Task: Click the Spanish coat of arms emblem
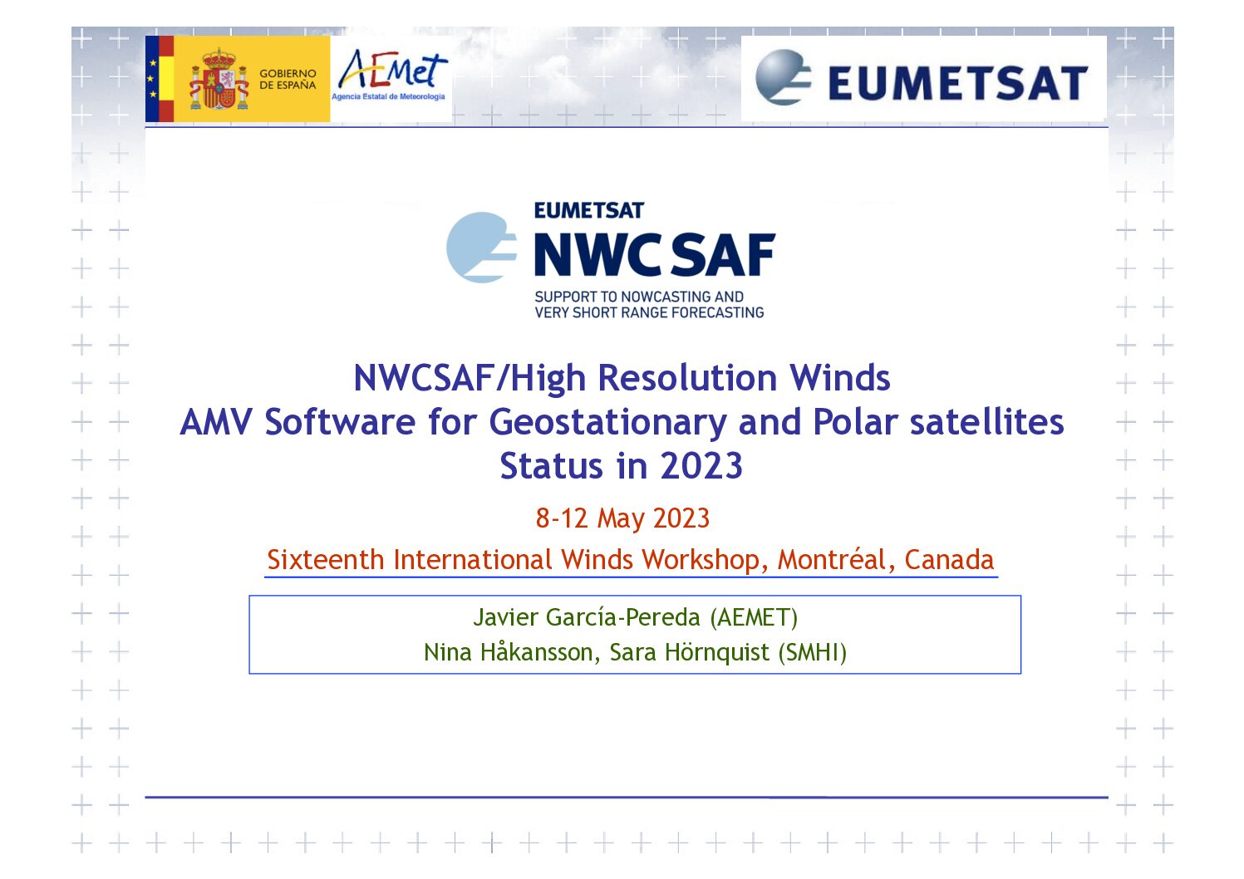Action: (x=219, y=80)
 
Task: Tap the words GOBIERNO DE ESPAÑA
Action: (x=288, y=80)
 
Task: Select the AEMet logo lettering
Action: (x=392, y=70)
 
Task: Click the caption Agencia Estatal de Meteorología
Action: (x=388, y=96)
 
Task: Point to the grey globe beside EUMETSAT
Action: (x=783, y=77)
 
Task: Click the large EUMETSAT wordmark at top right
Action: (x=957, y=83)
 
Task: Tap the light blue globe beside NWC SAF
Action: (x=481, y=248)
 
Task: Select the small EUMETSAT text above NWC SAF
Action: (x=588, y=210)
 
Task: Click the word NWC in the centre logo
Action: (x=597, y=254)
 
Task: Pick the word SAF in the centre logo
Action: (x=723, y=254)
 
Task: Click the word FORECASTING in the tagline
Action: (x=717, y=312)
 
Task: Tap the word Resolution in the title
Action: (x=687, y=378)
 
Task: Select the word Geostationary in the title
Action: (x=607, y=423)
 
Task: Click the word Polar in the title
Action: (x=855, y=422)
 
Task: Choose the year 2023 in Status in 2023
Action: (x=701, y=465)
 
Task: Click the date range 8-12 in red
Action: (x=562, y=518)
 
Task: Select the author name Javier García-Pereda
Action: (x=587, y=617)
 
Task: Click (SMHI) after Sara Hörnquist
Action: (x=812, y=652)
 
